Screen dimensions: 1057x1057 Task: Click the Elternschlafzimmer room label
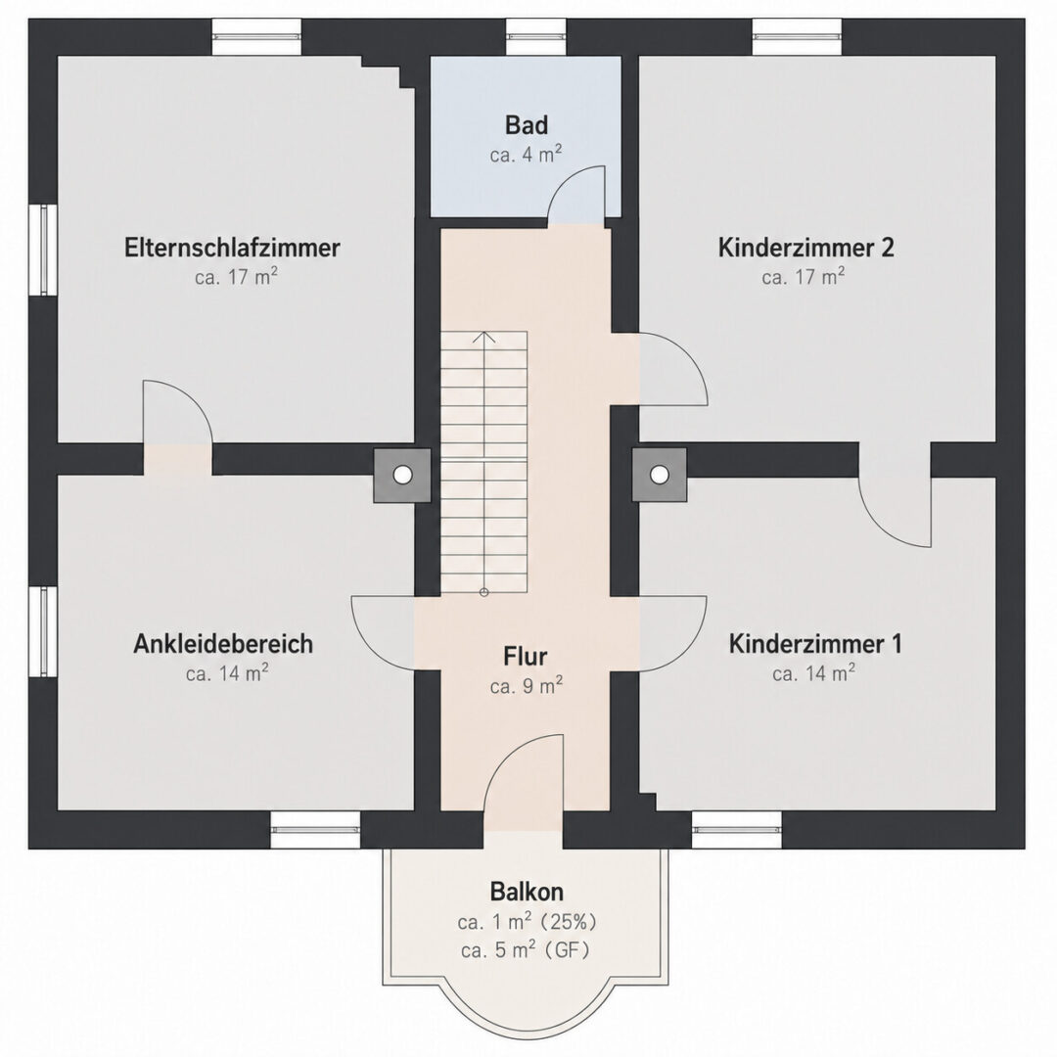tap(232, 248)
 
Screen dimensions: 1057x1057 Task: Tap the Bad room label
tap(527, 125)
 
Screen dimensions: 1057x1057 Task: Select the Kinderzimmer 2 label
tap(806, 248)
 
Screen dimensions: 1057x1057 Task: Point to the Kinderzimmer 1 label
tap(815, 644)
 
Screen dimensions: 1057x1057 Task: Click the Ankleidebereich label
tap(223, 644)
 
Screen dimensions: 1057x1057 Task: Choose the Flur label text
tap(526, 656)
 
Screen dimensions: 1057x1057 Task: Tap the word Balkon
tap(527, 892)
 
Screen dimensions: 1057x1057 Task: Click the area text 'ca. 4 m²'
tap(527, 155)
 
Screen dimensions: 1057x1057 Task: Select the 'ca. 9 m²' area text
tap(527, 686)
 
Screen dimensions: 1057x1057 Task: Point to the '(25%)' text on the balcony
tap(569, 922)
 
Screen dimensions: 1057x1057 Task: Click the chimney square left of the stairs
tap(402, 476)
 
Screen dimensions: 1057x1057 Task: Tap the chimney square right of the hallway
tap(660, 475)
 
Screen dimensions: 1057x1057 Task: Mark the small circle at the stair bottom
tap(484, 592)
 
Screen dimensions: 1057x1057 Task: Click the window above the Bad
tap(536, 36)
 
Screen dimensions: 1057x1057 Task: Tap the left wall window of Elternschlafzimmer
tap(43, 250)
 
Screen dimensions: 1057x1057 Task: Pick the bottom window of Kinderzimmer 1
tap(738, 830)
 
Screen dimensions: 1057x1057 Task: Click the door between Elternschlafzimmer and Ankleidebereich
tap(178, 412)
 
